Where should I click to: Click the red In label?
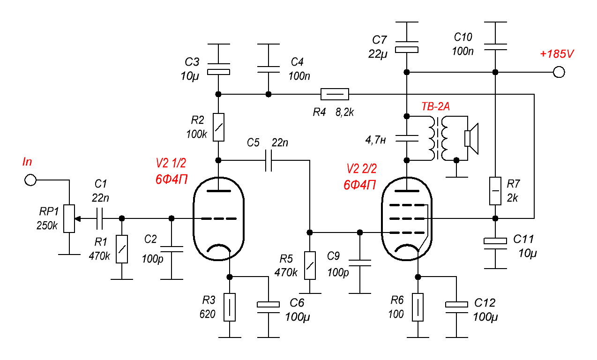[28, 162]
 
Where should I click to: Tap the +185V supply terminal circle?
[559, 72]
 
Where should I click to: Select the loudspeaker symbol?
[470, 138]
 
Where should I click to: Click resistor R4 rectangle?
[335, 94]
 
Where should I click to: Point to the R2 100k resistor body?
[218, 127]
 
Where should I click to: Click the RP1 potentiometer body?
[69, 218]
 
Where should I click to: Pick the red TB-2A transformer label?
[435, 107]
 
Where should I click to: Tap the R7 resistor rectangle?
[495, 191]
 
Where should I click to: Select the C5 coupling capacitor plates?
[268, 160]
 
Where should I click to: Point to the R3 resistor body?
[229, 307]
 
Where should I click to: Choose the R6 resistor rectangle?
[418, 307]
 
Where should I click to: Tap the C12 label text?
[485, 303]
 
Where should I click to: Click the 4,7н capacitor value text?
[376, 139]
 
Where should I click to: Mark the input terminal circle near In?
[30, 180]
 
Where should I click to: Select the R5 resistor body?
[310, 265]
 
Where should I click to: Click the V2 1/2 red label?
[171, 163]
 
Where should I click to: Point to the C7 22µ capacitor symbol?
[406, 49]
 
